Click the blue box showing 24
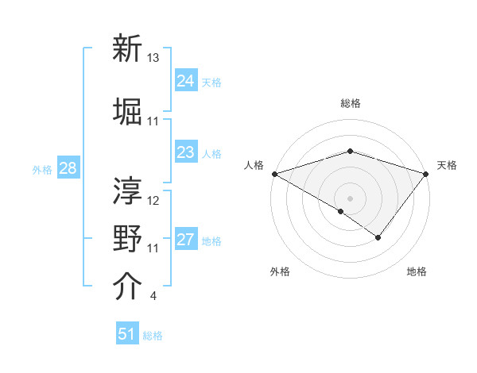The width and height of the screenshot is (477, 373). [x=185, y=80]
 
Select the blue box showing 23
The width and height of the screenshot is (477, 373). [x=185, y=152]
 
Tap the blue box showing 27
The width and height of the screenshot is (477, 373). [x=185, y=240]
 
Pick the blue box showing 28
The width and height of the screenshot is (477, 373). [x=68, y=169]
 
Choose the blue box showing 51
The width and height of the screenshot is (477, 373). [x=127, y=334]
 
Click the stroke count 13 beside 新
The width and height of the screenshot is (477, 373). [x=153, y=58]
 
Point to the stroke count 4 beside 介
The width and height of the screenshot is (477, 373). [x=153, y=297]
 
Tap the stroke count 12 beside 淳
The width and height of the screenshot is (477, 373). [x=153, y=200]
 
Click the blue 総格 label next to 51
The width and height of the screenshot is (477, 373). [x=153, y=336]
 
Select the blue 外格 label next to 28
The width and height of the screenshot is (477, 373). [x=41, y=170]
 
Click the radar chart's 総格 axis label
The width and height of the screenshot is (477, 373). [x=350, y=103]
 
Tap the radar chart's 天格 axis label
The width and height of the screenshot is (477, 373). [x=447, y=165]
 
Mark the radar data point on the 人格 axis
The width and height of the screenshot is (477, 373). [x=273, y=173]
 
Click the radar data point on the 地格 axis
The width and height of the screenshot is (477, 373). [x=378, y=237]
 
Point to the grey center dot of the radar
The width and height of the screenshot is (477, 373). [x=350, y=198]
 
